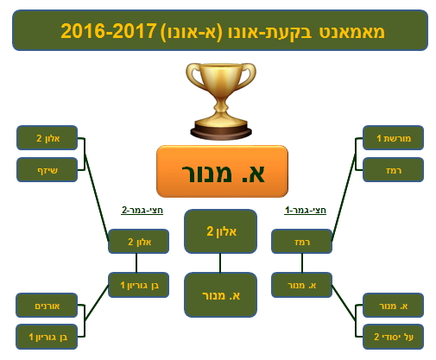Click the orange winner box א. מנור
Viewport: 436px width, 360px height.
[x=222, y=171]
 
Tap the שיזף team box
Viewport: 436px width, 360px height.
[x=47, y=170]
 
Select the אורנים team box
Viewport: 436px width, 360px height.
[x=47, y=306]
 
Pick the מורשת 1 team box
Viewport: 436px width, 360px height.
[x=393, y=138]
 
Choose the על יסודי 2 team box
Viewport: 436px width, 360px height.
[x=393, y=337]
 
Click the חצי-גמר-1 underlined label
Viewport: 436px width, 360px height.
[x=305, y=211]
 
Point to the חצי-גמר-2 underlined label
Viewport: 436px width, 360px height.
[x=142, y=211]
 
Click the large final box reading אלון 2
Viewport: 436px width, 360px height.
[x=220, y=231]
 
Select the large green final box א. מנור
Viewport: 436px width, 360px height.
[x=220, y=295]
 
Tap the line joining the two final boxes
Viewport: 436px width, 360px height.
[x=220, y=263]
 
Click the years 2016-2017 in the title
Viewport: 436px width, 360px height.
[x=109, y=31]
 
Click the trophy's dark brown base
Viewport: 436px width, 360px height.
[x=221, y=132]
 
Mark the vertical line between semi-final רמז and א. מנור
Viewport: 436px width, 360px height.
[x=302, y=263]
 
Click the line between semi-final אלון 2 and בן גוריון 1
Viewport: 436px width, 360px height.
[x=136, y=263]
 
